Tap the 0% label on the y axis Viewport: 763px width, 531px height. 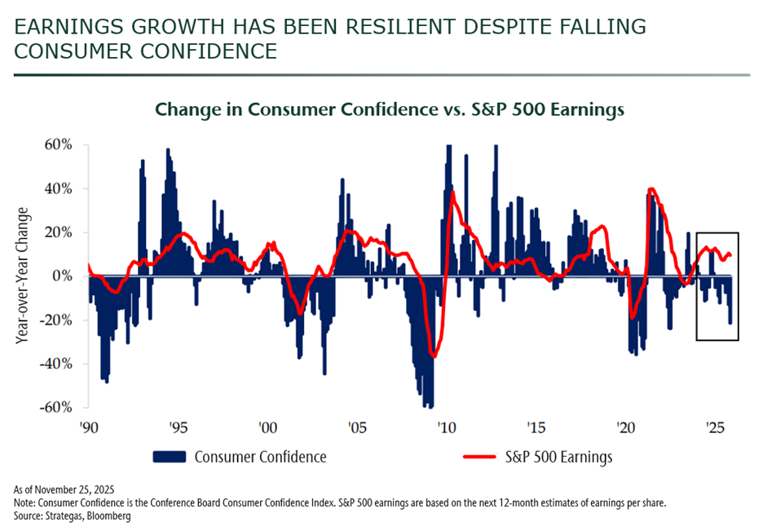coord(65,277)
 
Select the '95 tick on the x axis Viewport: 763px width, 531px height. coord(179,428)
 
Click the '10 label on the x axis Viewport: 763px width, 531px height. coord(445,428)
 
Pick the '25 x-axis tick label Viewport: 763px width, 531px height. coord(716,428)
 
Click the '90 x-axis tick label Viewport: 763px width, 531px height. coord(89,428)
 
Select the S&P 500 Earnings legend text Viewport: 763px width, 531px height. coord(558,456)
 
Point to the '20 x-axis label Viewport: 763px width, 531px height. coord(626,428)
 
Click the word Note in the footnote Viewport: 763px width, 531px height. coord(24,502)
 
